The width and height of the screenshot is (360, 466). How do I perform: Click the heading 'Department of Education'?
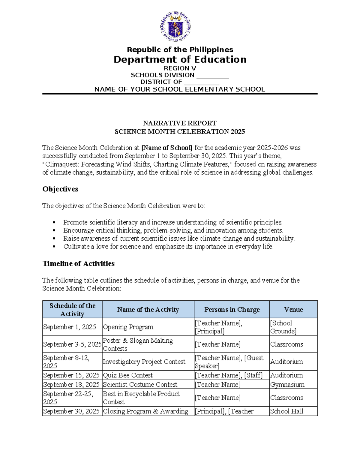pos(180,59)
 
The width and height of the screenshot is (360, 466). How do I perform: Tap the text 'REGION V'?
pos(180,68)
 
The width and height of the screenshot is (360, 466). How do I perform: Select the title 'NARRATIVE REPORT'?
pos(180,123)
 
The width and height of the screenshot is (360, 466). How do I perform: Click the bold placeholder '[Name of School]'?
pos(167,148)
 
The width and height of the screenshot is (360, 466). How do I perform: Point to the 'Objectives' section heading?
pos(60,189)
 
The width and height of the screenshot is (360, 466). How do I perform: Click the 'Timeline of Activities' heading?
pos(79,263)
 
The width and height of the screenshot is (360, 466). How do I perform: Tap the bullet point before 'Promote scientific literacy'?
pos(54,222)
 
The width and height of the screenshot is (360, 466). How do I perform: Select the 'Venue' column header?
pos(293,310)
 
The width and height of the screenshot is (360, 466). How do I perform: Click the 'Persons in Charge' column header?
pos(232,310)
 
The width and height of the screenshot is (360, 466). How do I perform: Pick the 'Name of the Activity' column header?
pos(148,310)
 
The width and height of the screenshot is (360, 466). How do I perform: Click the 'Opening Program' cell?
pos(128,327)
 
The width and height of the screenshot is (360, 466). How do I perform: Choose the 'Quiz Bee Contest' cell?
pos(128,375)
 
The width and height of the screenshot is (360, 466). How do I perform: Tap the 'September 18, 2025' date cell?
pos(71,385)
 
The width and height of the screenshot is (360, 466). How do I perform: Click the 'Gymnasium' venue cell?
pos(287,385)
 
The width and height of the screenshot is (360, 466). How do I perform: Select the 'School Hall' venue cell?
pos(287,411)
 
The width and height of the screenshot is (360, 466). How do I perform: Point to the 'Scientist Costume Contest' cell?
pos(140,385)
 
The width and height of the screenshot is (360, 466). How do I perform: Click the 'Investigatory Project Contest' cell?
pos(144,362)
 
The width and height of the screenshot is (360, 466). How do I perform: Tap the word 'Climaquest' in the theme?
pos(61,164)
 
